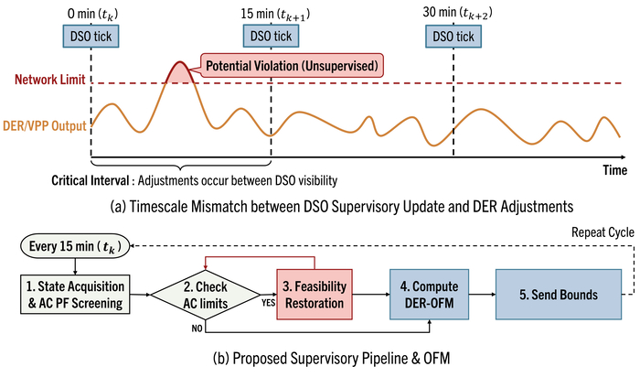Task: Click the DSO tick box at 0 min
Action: pos(91,36)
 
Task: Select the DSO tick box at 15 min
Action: pos(271,36)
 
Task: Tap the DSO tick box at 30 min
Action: pos(453,36)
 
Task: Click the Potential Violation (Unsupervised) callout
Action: pos(292,65)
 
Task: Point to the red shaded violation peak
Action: pos(179,72)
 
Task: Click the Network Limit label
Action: pos(49,80)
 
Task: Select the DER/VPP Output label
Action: pos(45,125)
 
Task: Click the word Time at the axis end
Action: pos(614,170)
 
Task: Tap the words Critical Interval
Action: pos(90,180)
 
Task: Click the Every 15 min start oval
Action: pos(75,246)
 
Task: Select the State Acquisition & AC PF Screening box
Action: pos(75,295)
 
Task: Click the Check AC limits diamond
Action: pos(206,295)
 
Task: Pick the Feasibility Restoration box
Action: pos(315,295)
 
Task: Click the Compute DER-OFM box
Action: pos(429,295)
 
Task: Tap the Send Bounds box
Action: pos(559,295)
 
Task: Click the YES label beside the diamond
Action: pos(268,303)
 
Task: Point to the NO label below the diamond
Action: pos(197,329)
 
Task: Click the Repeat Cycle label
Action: pos(603,232)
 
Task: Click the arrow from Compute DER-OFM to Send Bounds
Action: pos(482,294)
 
